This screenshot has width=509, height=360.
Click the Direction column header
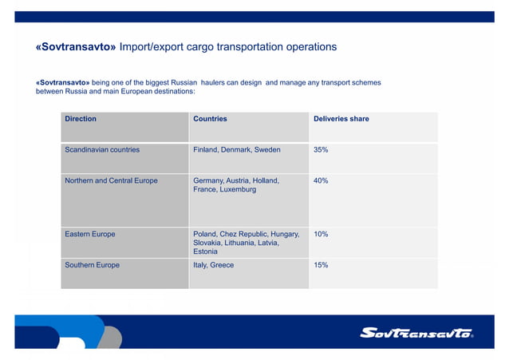click(x=81, y=119)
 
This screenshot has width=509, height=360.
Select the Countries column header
click(x=210, y=119)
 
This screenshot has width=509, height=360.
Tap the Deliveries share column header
click(x=341, y=119)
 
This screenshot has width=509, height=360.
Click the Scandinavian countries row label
click(x=102, y=149)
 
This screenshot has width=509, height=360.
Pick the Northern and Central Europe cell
click(x=111, y=181)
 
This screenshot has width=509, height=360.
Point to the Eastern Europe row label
click(x=90, y=234)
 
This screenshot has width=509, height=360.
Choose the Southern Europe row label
click(x=93, y=265)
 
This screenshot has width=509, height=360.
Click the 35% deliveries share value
click(x=321, y=149)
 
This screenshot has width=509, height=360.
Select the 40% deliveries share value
click(x=321, y=181)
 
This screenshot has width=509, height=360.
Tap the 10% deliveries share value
click(x=321, y=234)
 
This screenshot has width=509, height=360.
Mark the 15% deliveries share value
click(x=321, y=265)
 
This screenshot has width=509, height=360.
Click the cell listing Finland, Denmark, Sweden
click(x=237, y=149)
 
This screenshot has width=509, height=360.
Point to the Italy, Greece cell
click(x=214, y=265)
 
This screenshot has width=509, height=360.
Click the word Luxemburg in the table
click(x=236, y=190)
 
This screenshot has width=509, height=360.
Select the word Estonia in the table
click(x=206, y=251)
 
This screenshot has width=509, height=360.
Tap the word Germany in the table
click(x=210, y=181)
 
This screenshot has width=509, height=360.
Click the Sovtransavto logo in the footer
click(x=416, y=333)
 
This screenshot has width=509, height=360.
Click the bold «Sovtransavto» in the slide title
click(x=76, y=47)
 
